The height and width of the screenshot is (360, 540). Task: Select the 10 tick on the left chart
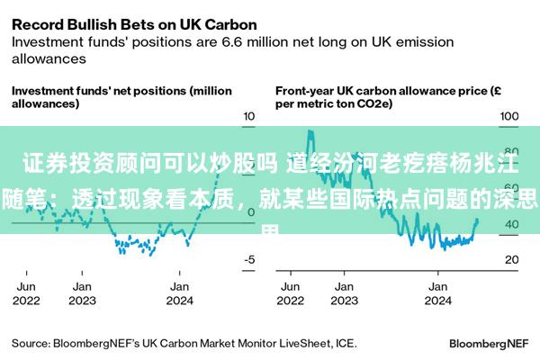[x=249, y=117]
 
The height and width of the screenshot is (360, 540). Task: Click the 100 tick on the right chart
[x=509, y=117]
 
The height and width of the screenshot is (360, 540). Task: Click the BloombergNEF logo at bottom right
[x=488, y=343]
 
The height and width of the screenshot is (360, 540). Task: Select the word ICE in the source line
[x=346, y=343]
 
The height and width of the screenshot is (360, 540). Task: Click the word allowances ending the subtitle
[x=48, y=58]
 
